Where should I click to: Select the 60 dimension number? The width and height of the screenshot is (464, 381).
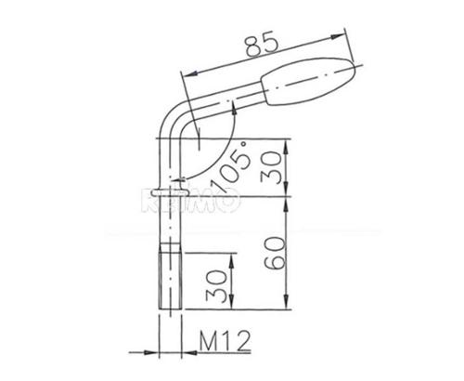(x=272, y=252)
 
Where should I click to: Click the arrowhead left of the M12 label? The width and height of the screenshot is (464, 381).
(x=153, y=351)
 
